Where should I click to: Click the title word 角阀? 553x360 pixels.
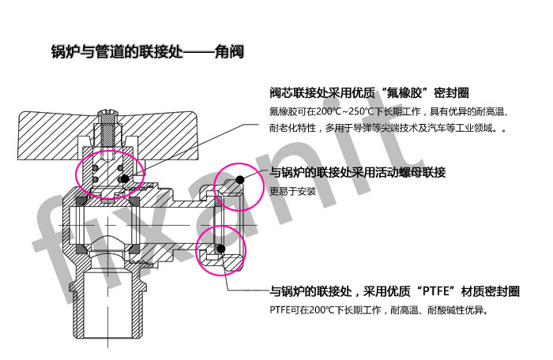point(229,52)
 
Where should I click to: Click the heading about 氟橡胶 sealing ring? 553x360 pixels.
point(369,92)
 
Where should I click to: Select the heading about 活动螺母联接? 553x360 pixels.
point(358,172)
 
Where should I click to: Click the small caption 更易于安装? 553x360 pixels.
point(293,192)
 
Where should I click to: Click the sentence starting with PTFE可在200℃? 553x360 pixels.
point(379,310)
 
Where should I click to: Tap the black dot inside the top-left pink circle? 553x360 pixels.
point(125,178)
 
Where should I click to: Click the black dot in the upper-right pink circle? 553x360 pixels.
point(240,180)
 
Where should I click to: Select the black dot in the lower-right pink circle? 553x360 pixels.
point(220,249)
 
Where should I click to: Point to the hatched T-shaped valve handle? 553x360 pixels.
point(107,136)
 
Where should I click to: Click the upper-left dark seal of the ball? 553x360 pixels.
point(84,201)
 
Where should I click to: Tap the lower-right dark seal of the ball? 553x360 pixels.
point(134,249)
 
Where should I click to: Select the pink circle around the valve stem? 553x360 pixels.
point(110,174)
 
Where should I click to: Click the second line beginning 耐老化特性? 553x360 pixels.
point(388,128)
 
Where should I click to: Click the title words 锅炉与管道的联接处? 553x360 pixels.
point(118,52)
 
